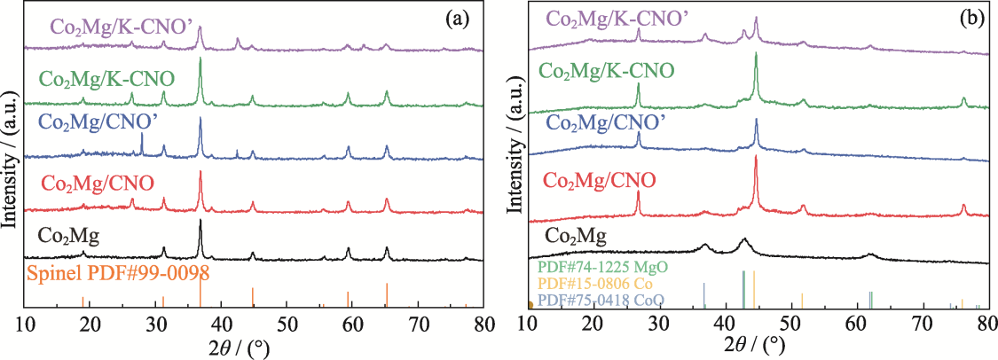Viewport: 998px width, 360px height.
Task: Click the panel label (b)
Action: [x=967, y=17]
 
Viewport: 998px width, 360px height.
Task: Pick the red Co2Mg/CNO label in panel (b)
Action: [x=599, y=181]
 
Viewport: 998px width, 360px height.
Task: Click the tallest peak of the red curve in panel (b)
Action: [x=756, y=158]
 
